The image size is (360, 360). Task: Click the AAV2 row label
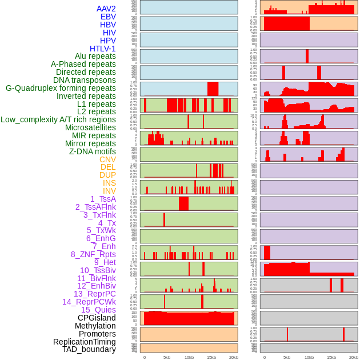106,9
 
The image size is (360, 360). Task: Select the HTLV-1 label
103,49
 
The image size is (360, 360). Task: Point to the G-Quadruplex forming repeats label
61,88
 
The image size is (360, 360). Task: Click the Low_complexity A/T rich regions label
58,119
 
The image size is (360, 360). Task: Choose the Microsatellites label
90,127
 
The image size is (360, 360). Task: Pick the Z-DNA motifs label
93,151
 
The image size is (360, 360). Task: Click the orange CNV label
107,159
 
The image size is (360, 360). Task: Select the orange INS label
109,183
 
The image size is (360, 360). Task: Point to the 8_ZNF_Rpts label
93,254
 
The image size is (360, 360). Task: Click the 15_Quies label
98,310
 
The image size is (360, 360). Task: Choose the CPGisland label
97,318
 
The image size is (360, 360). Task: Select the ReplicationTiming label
85,342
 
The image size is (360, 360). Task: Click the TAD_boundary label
89,349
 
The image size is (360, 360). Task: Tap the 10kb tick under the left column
189,357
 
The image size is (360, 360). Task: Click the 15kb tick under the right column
331,357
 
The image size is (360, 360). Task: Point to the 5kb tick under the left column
167,357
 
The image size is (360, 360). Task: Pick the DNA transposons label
85,80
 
